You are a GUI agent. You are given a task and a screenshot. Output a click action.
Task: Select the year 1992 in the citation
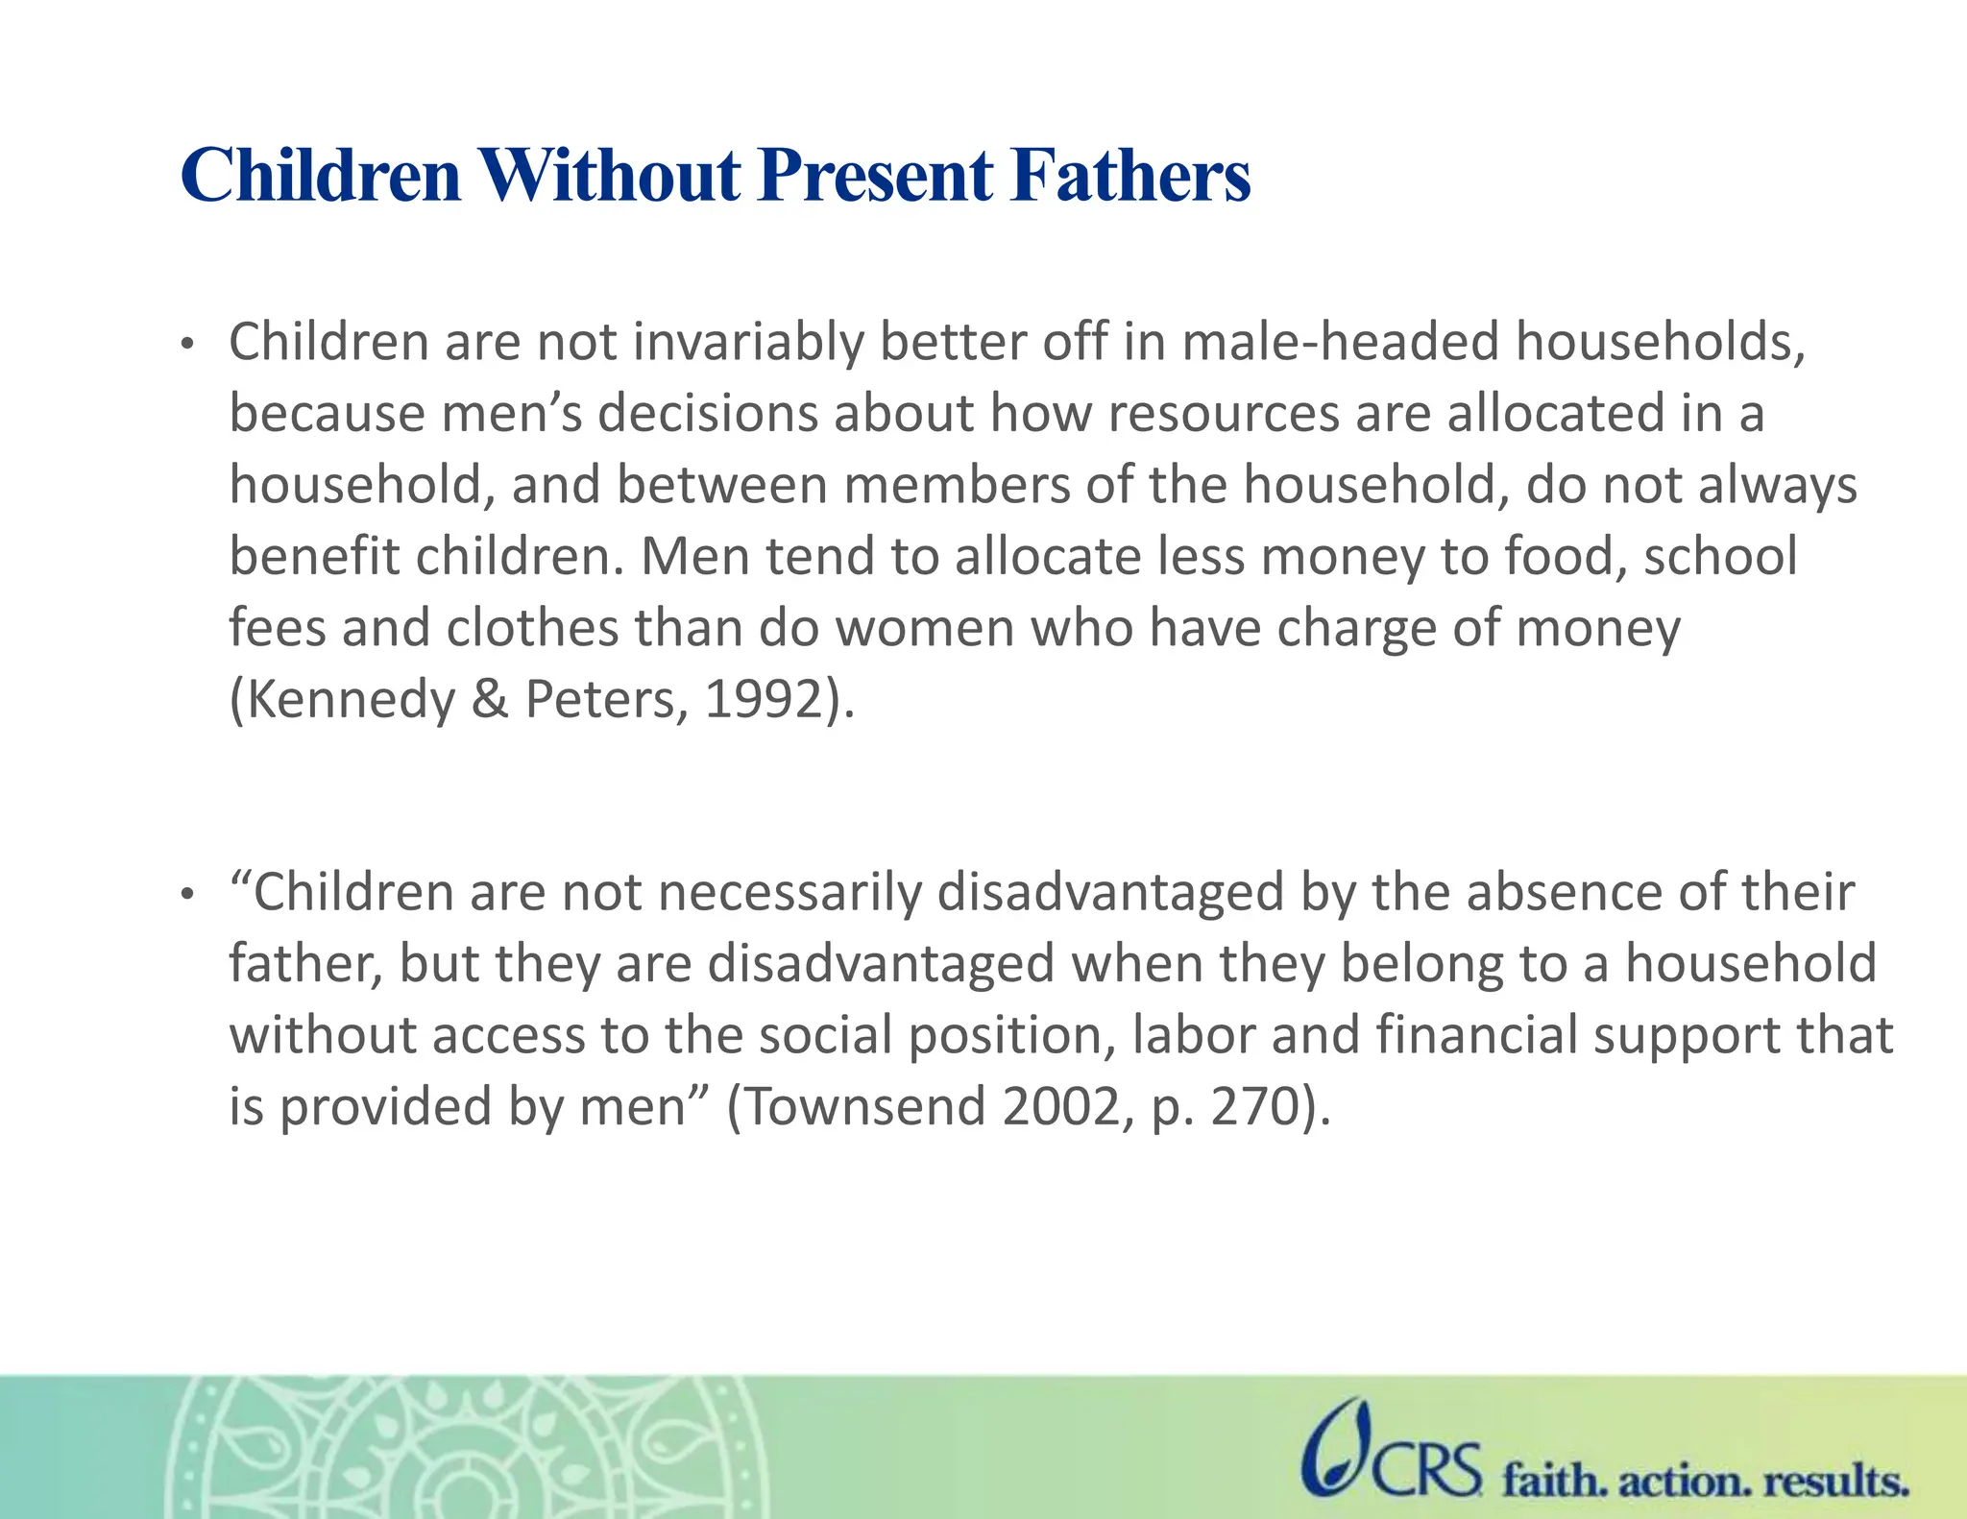764,699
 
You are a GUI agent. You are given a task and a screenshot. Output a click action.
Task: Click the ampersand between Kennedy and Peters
490,699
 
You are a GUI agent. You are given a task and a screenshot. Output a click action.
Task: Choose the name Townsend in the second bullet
864,1106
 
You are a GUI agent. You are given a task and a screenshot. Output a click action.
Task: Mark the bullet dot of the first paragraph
188,345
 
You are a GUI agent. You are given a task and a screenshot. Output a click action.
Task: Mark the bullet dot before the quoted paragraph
188,895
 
